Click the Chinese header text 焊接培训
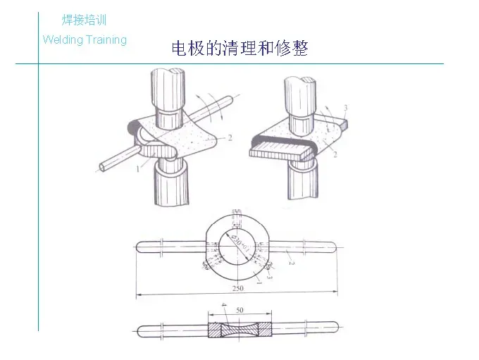coord(84,20)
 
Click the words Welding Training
coord(85,39)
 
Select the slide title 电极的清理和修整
coord(240,49)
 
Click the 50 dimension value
coord(240,311)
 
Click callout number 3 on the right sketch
coord(344,106)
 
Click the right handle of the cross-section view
coord(303,329)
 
